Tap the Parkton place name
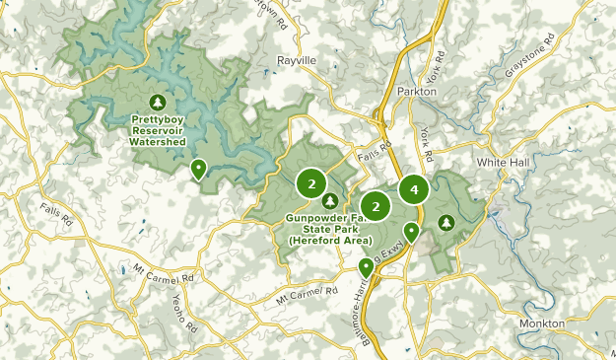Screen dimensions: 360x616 [x=416, y=92]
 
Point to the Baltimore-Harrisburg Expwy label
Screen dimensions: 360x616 [x=381, y=281]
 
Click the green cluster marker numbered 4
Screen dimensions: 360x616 [x=414, y=188]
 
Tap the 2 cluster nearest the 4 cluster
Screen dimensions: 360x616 [x=376, y=206]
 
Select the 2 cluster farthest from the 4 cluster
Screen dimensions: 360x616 [x=311, y=182]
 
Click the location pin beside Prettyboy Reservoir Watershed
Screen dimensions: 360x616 [x=198, y=170]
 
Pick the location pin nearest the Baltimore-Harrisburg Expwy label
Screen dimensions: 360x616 [x=366, y=266]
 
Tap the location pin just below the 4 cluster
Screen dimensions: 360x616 [x=411, y=232]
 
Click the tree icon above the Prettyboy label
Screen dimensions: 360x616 [x=158, y=102]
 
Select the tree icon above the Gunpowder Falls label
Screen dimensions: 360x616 [x=330, y=201]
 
